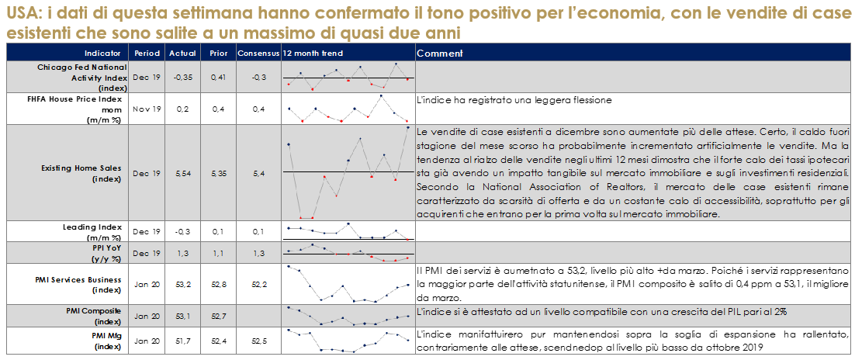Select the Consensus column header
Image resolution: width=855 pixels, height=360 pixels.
[257, 53]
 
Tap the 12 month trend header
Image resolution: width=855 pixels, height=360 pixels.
[313, 53]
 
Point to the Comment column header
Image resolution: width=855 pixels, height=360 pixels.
[439, 53]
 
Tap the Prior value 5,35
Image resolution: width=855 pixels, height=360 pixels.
[218, 172]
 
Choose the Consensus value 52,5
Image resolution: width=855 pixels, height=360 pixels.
[258, 339]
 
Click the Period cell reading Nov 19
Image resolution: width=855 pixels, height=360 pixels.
[147, 109]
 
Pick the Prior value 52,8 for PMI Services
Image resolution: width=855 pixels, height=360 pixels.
[218, 284]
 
